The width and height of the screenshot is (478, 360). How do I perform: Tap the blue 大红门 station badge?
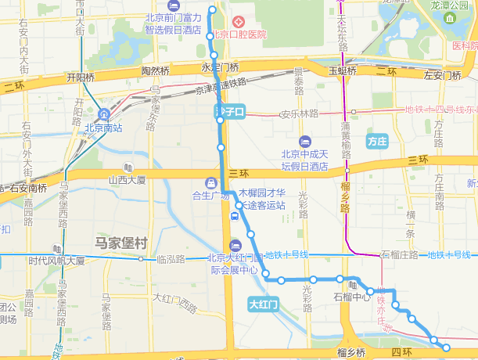pos(264,304)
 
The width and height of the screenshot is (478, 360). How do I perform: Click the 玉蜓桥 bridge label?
pos(343,70)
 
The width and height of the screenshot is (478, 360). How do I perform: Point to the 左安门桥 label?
pos(444,76)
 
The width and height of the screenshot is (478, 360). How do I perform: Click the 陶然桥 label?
pos(155,70)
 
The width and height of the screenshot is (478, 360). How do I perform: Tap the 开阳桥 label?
pos(81,77)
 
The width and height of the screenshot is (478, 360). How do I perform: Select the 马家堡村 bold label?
pos(120,243)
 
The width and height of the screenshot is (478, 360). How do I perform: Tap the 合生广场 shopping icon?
pos(209,182)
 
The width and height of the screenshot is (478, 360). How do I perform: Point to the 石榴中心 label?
pos(351,297)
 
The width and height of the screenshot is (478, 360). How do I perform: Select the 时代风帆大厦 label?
pos(56,261)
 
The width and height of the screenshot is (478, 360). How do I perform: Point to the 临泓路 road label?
pos(170,259)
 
